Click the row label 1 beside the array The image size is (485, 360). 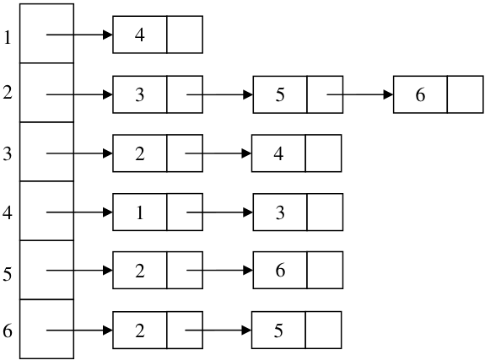coord(8,38)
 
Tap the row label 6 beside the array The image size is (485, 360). coord(8,330)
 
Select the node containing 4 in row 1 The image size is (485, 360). coord(158,35)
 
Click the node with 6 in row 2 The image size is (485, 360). coord(439,94)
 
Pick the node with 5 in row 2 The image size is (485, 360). coord(298,94)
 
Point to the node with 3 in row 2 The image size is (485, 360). coord(158,94)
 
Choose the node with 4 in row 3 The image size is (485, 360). coord(297,153)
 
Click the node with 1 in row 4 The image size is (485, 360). coord(158,212)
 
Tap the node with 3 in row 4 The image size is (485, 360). coord(298,212)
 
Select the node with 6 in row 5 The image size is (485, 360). coord(298,270)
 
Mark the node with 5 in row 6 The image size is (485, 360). coord(297,330)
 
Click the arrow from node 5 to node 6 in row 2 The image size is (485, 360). coord(360,94)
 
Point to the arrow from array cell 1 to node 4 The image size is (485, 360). coord(79,35)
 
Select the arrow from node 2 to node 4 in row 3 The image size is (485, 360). coord(218,153)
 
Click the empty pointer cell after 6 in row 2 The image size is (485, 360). coord(466,94)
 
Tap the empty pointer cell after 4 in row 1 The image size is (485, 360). coord(185,35)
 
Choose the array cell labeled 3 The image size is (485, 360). coord(46,152)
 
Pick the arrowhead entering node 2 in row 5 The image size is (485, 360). coord(108,271)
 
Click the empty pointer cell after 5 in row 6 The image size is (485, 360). coord(324,330)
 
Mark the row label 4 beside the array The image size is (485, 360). coord(8,212)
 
